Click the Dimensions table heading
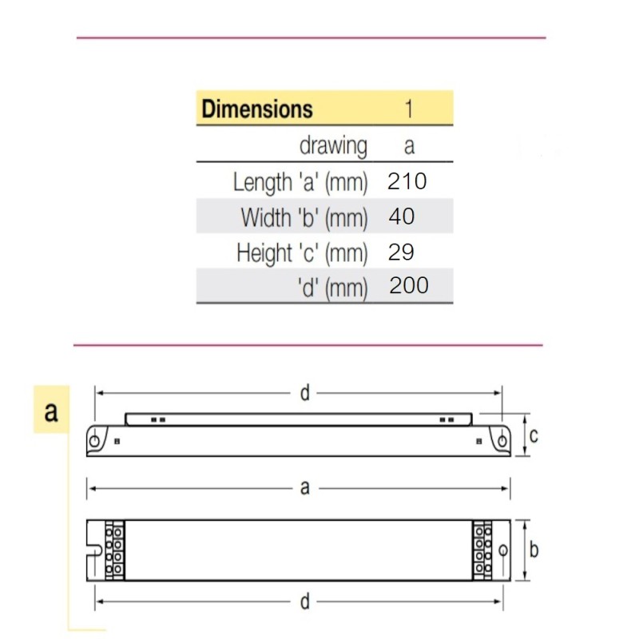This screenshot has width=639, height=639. coord(257,109)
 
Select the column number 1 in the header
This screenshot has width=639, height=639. coord(409,109)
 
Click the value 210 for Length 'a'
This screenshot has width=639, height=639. coord(407,181)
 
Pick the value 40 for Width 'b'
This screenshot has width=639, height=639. coord(402,216)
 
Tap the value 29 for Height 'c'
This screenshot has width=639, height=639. coord(401,252)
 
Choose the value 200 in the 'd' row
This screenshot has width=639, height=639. coord(409,285)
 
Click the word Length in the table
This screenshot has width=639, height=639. coord(263,182)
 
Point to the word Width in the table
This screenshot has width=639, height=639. coord(266,217)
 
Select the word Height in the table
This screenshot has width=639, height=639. coord(264,253)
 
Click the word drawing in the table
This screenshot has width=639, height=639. coord(333,146)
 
